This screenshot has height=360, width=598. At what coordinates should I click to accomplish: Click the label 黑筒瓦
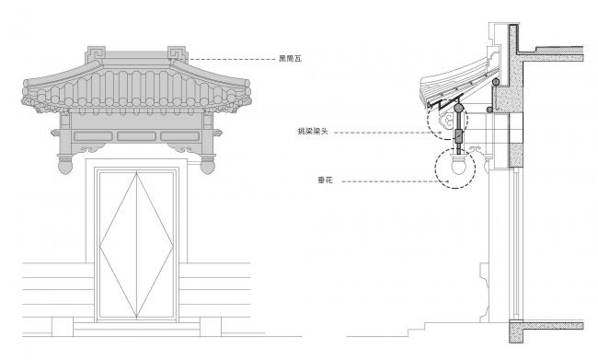[290, 60]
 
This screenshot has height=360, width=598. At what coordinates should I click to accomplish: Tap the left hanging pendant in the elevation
[66, 168]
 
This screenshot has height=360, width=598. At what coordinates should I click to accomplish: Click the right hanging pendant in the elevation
[209, 168]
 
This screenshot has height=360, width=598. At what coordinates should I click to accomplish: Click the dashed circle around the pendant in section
[456, 169]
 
